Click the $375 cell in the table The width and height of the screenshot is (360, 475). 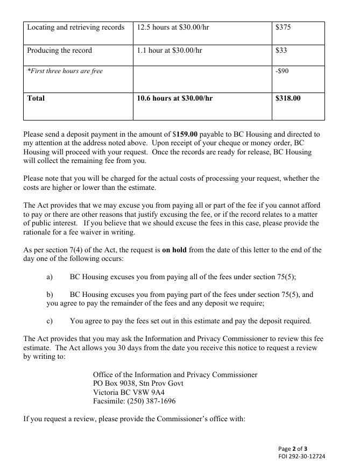(283, 27)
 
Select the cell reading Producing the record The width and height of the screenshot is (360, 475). (59, 51)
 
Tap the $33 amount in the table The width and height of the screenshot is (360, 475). (281, 51)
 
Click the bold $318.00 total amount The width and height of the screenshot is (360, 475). (288, 98)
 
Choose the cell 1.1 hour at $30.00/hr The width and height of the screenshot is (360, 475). (170, 51)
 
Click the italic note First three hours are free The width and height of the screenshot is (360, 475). (65, 71)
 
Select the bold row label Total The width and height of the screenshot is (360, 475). (36, 98)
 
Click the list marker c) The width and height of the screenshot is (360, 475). (50, 321)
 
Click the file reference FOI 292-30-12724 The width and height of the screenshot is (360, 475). (302, 456)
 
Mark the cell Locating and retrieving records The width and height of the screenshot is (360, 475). (75, 27)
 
